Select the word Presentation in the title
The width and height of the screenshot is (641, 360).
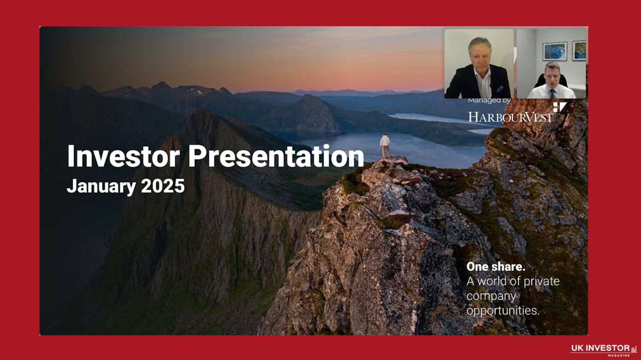pos(276,156)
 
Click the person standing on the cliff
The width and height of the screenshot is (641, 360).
pos(384,146)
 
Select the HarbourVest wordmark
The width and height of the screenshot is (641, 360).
pos(510,117)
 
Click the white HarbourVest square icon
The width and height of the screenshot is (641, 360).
pos(559,107)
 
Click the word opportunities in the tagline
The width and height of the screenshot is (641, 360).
pos(503,310)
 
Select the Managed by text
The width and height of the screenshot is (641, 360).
pos(489,100)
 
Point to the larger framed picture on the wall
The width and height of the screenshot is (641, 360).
pos(554,51)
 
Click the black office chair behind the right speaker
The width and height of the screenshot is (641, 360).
pos(540,80)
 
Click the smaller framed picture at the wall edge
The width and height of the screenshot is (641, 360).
pos(579,50)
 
